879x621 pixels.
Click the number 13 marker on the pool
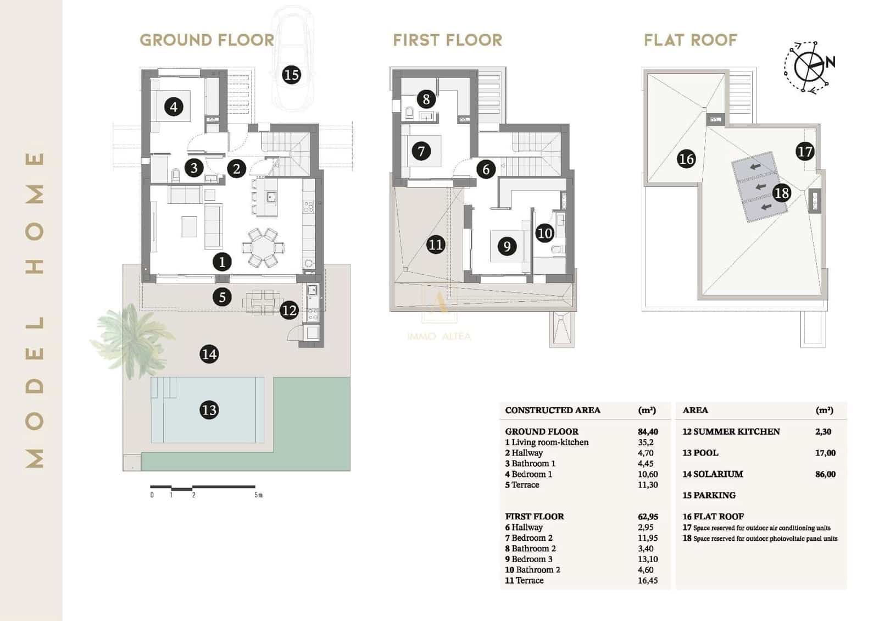pyautogui.click(x=209, y=410)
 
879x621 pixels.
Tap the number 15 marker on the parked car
pyautogui.click(x=291, y=74)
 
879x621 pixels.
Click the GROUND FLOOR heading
pyautogui.click(x=207, y=40)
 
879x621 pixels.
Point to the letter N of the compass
pyautogui.click(x=830, y=62)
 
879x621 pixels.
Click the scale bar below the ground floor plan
pyautogui.click(x=203, y=487)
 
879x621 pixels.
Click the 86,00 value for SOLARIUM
pyautogui.click(x=825, y=474)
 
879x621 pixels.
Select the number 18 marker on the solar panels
pyautogui.click(x=781, y=193)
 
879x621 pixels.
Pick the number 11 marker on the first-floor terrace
pyautogui.click(x=435, y=245)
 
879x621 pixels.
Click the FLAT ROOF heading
pyautogui.click(x=690, y=40)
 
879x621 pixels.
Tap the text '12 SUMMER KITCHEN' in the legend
pyautogui.click(x=731, y=432)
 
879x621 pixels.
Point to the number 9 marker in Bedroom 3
pyautogui.click(x=507, y=246)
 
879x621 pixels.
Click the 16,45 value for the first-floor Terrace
pyautogui.click(x=647, y=580)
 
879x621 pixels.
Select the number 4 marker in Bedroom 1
pyautogui.click(x=174, y=107)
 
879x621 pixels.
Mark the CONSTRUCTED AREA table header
pyautogui.click(x=552, y=411)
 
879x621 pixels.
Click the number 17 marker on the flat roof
pyautogui.click(x=804, y=152)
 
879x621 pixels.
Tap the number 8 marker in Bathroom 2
pyautogui.click(x=426, y=99)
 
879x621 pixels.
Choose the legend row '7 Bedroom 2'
pyautogui.click(x=528, y=538)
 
